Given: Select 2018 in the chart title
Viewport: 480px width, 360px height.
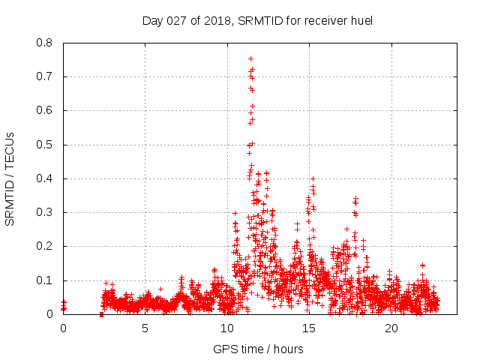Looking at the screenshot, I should (x=216, y=20).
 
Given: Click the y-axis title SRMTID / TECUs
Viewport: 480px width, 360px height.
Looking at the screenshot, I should (x=10, y=178).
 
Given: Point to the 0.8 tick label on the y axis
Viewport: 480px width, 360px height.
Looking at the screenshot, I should (x=45, y=43).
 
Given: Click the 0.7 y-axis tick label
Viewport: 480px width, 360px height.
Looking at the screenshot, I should (x=45, y=76).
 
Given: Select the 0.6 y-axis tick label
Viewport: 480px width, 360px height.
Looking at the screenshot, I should (x=45, y=110).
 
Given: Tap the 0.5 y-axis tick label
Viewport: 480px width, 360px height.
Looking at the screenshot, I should (x=45, y=145).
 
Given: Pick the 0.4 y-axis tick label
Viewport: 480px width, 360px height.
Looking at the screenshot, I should (x=45, y=178).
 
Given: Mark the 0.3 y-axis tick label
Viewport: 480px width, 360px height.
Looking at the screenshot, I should (x=45, y=212).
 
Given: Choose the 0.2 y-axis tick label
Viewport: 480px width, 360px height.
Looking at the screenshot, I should (x=45, y=246).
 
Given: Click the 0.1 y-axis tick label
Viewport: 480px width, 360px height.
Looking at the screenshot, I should (x=45, y=280).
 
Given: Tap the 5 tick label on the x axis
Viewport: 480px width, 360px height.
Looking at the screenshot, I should (x=145, y=328).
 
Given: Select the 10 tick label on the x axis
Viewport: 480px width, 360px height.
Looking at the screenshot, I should (x=227, y=328).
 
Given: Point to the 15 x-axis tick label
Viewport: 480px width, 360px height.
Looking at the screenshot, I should (x=309, y=328).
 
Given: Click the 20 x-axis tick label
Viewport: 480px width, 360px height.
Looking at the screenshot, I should (x=391, y=328).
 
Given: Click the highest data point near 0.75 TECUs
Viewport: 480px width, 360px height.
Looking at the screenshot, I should (x=250, y=58).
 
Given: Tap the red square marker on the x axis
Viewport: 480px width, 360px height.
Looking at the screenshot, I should (x=101, y=314).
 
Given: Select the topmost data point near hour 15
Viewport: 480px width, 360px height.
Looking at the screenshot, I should (x=313, y=179).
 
